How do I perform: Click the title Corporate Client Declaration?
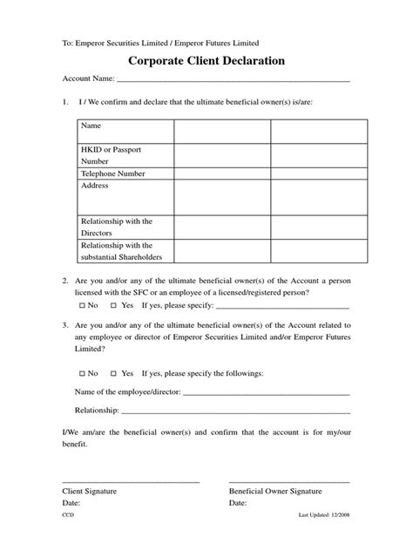coord(206,62)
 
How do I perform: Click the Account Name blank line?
coord(234,81)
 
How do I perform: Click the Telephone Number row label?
coord(113,173)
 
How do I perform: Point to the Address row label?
coord(95,187)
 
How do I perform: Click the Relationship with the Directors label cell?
coord(116,227)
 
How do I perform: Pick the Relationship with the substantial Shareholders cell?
coord(121,251)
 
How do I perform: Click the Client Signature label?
coord(90,492)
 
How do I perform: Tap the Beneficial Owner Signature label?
coord(274,492)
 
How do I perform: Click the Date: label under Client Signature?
coord(72,504)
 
